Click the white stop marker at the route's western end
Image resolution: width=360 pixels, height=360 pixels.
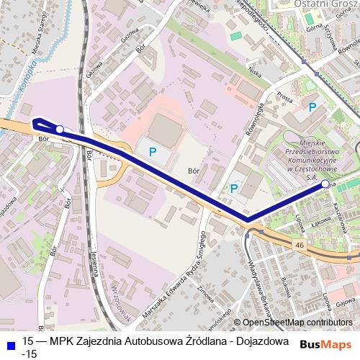[x=60, y=130]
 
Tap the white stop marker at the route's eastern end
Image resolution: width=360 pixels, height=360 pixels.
[x=325, y=185]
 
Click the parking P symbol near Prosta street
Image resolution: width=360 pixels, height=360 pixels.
[x=312, y=107]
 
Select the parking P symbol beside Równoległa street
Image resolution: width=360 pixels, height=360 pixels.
[x=234, y=189]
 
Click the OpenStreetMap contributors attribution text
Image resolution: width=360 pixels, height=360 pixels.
[x=297, y=322]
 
